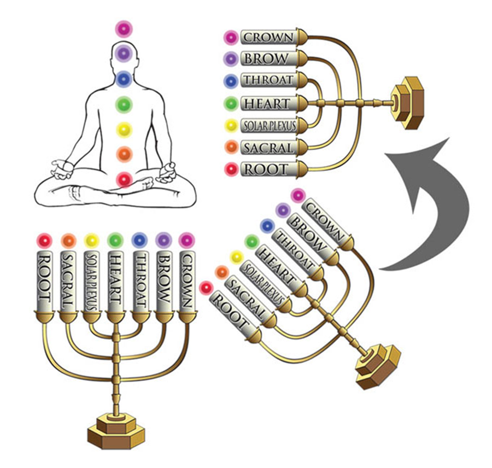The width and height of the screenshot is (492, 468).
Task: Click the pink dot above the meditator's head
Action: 124,29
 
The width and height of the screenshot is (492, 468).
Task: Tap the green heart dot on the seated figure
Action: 124,104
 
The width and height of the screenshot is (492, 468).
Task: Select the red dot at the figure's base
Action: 124,179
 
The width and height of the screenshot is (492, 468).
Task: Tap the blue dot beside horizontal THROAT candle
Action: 231,81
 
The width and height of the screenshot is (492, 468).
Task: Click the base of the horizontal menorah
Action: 408,103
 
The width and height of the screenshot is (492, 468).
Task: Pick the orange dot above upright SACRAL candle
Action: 69,241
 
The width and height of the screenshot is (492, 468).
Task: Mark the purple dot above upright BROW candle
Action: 163,241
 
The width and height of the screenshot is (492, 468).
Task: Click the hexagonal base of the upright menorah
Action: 116,431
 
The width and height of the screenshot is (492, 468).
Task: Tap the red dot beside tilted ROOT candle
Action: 206,288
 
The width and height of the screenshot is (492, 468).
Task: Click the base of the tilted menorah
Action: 378,366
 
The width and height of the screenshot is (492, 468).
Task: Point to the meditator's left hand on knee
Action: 166,173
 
